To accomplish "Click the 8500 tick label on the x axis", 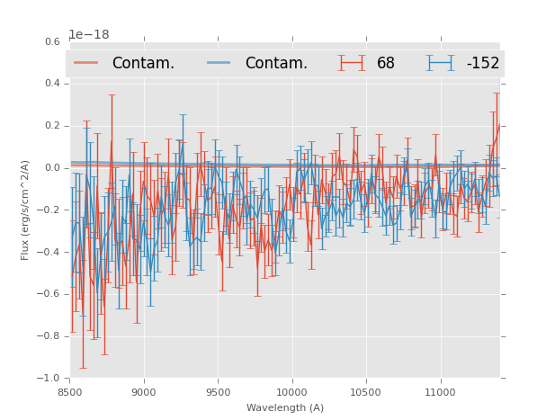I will pos(70,392).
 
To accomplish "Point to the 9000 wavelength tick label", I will pos(144,392).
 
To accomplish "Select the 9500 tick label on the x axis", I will pos(218,392).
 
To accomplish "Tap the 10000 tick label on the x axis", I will pos(291,392).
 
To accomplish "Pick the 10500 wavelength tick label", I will pos(366,392).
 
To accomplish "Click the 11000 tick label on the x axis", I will pos(440,392).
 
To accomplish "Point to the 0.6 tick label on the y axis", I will pos(52,41).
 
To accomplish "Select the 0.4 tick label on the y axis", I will pos(52,84).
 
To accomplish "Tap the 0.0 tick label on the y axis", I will pos(52,168).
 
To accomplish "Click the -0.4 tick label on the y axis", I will pos(50,253).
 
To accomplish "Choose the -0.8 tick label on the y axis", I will pos(50,336).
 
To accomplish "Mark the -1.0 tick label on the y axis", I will pos(50,379).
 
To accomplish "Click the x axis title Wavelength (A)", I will pos(285,407).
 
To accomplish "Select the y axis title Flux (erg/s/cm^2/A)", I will pos(26,210).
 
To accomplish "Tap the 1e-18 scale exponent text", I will pos(89,34).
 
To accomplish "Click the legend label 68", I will pos(386,64).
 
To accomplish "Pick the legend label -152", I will pos(482,64).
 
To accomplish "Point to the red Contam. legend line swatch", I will pos(86,63).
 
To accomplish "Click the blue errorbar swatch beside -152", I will pos(441,63).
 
